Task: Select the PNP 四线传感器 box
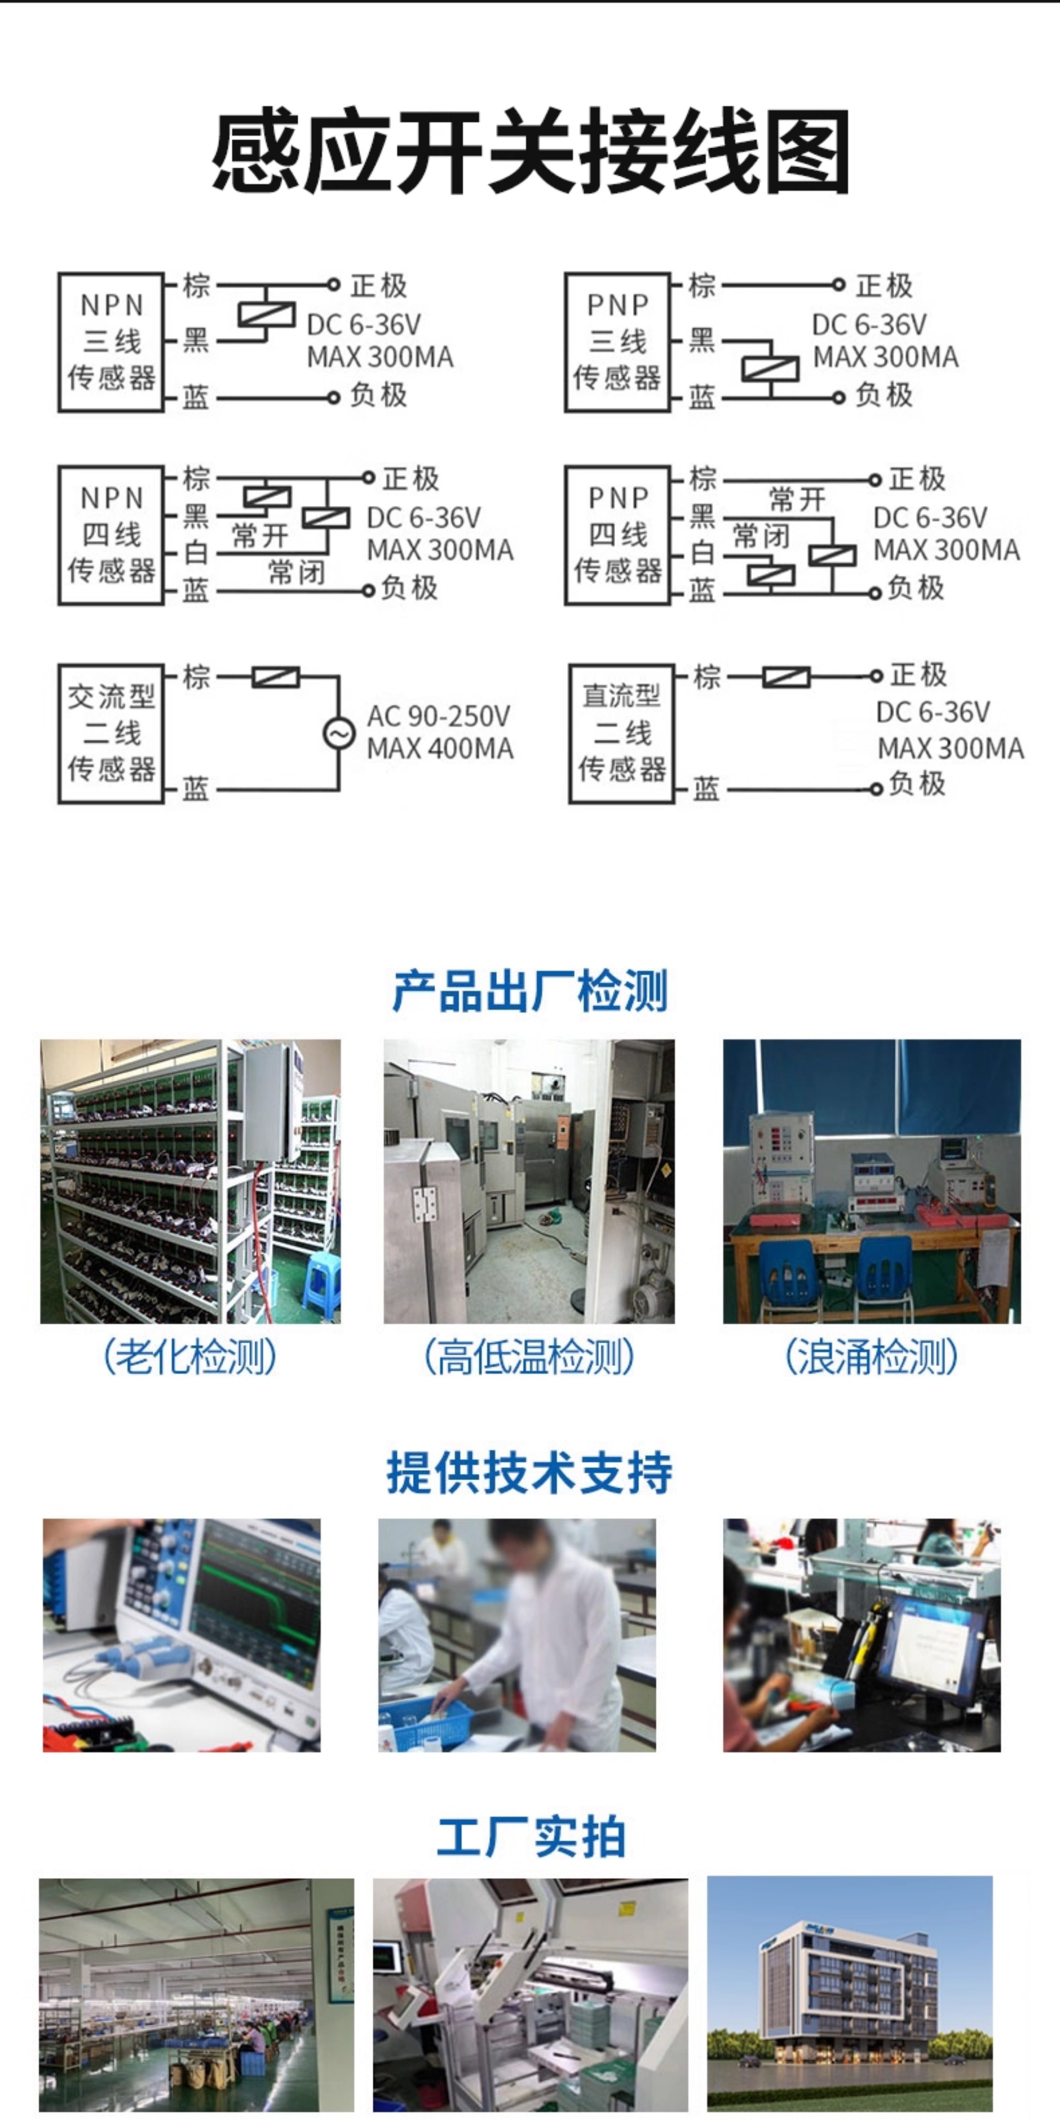617,535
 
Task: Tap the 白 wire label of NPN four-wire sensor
196,553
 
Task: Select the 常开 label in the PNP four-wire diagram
797,499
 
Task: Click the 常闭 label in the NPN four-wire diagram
296,572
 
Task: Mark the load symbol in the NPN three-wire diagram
266,315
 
